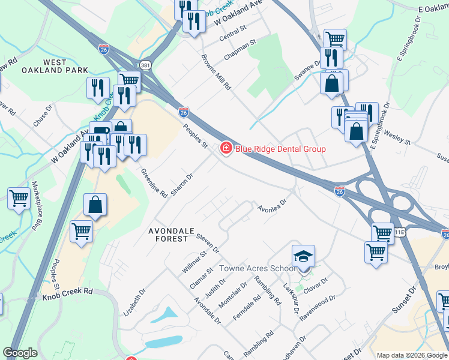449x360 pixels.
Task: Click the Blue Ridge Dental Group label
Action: point(280,149)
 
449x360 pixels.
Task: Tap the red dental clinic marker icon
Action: point(226,148)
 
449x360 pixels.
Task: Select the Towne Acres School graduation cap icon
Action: point(304,257)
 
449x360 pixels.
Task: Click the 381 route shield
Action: point(145,64)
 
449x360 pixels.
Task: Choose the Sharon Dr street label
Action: point(181,184)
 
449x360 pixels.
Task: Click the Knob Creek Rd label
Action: point(71,290)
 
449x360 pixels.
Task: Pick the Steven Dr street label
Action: point(207,244)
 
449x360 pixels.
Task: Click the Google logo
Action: point(20,353)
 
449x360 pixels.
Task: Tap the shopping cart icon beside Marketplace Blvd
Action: point(19,197)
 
